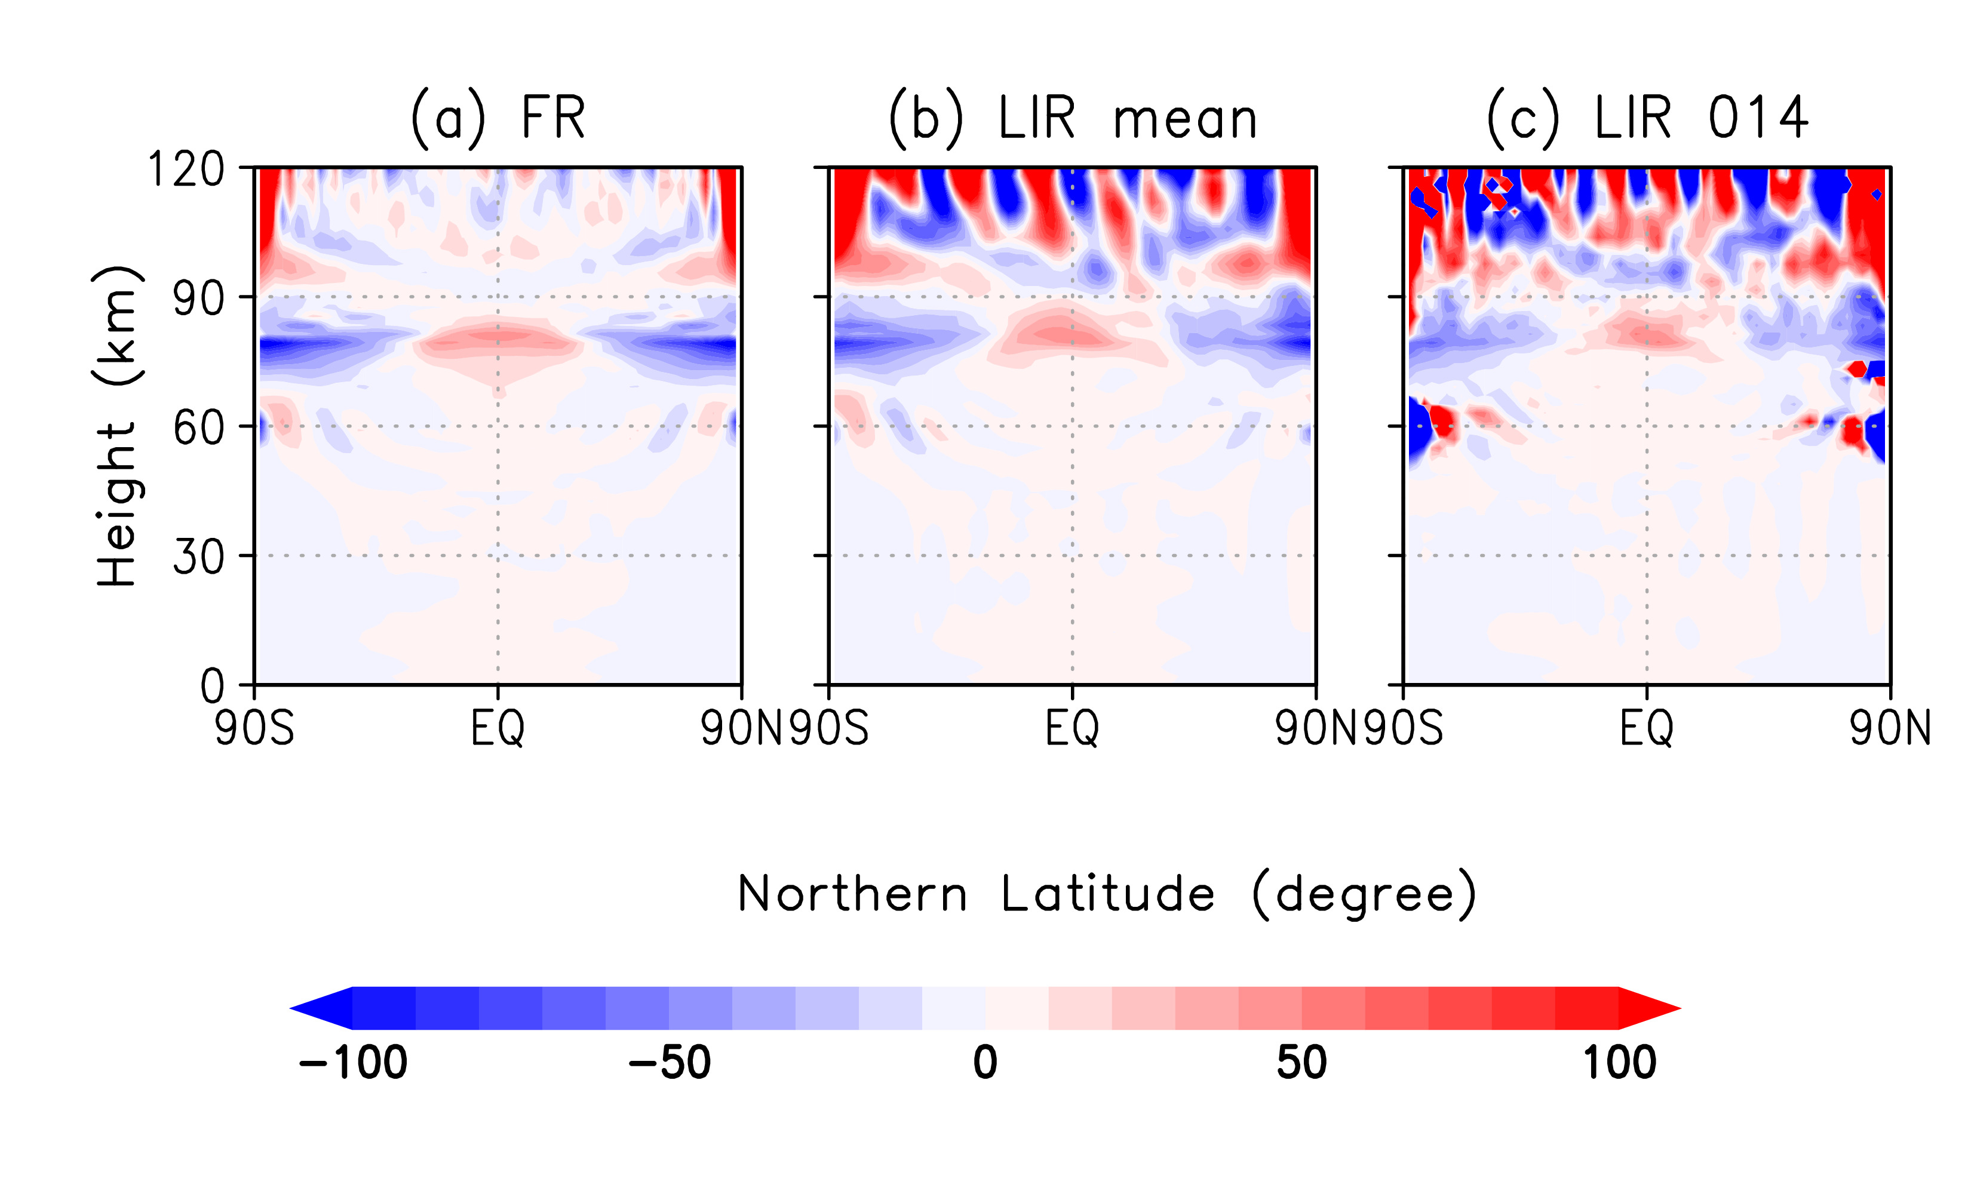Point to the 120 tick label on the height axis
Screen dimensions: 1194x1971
point(186,170)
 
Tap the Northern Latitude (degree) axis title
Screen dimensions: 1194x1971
point(1106,894)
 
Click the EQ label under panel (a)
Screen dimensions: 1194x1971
point(498,728)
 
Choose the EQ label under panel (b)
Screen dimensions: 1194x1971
point(1072,728)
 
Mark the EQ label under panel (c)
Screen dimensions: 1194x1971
point(1646,728)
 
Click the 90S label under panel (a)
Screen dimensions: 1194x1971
point(254,728)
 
